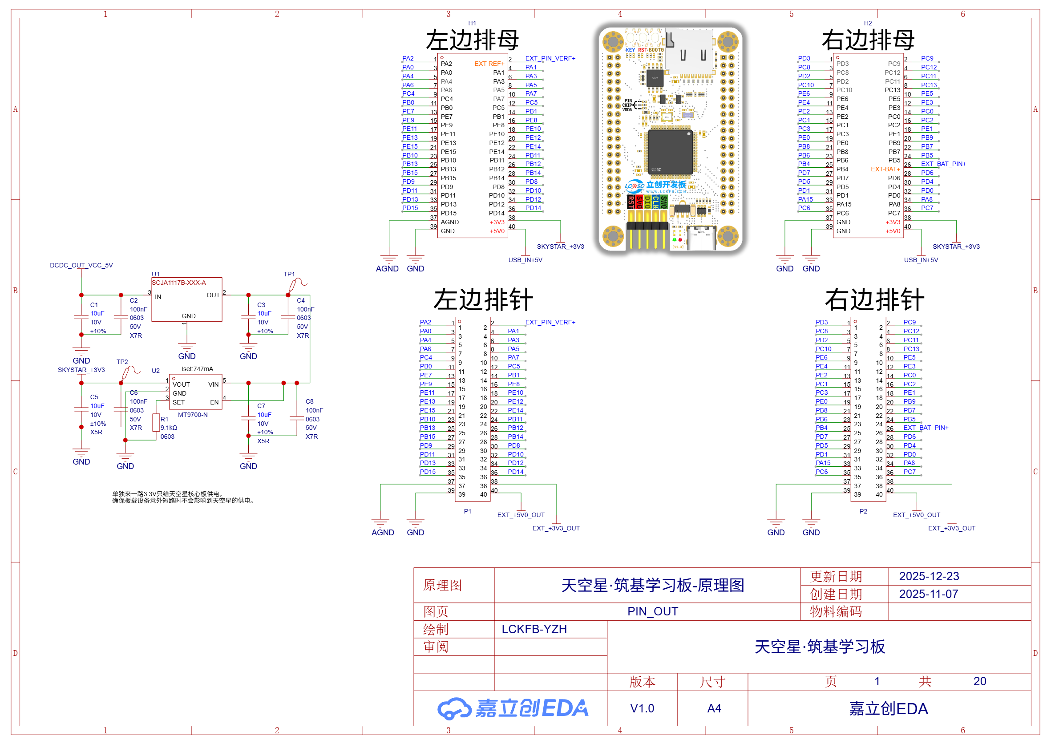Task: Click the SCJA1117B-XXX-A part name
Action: coord(179,283)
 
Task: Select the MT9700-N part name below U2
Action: coord(192,415)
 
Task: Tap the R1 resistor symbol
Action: coord(156,422)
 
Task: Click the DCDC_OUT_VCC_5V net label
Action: coord(81,265)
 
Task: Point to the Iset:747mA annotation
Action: coord(197,369)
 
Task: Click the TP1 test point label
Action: coord(289,274)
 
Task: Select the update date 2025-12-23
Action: coord(929,576)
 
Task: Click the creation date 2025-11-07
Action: coord(928,594)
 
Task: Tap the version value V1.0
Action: coord(642,708)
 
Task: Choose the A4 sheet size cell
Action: coord(714,708)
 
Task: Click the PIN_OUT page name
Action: coord(652,611)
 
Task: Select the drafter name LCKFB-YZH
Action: coord(534,629)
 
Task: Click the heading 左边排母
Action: coord(472,40)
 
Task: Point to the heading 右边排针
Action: coord(874,300)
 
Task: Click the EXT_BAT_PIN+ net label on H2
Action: coord(943,164)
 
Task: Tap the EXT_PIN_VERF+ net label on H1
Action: coord(550,58)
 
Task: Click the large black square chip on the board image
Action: coord(669,152)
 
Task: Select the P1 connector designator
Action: coord(467,511)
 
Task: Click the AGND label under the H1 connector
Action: coord(387,268)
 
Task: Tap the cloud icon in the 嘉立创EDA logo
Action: coord(453,708)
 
